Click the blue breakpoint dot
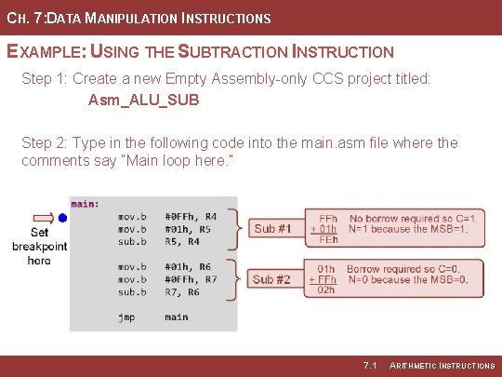coord(62,217)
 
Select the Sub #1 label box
coord(272,228)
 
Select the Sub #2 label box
coord(272,278)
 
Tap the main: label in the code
coord(86,204)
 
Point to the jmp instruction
coord(126,316)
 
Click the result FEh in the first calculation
coord(328,239)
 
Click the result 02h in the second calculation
coord(326,289)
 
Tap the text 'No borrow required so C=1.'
coord(415,218)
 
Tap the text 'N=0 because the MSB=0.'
coord(407,278)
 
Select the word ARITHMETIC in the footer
coord(420,365)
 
